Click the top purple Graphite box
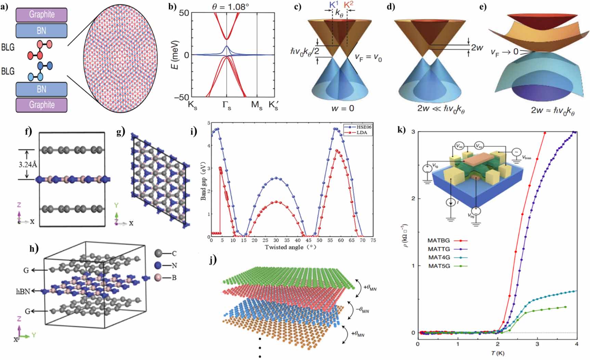(x=41, y=15)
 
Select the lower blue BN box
(x=41, y=89)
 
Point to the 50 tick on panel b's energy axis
(x=182, y=13)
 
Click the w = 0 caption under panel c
(x=342, y=108)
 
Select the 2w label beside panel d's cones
(x=477, y=48)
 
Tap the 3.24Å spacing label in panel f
(x=28, y=165)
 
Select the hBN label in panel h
(x=23, y=291)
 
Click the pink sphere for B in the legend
(x=158, y=277)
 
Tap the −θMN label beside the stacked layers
(x=362, y=310)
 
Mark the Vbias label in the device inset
(x=527, y=158)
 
